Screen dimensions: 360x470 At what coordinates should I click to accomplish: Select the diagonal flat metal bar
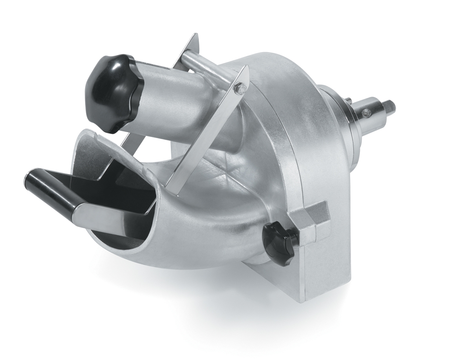point(208,133)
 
